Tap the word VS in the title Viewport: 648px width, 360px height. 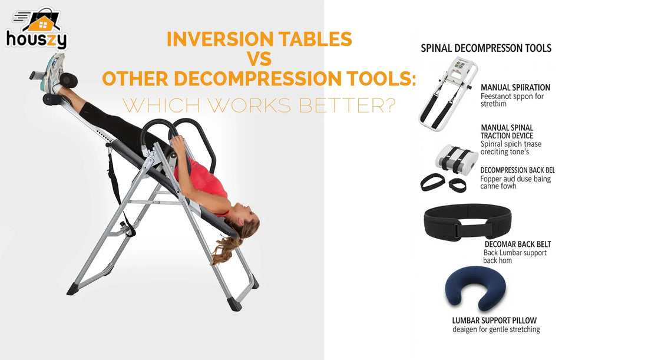click(259, 59)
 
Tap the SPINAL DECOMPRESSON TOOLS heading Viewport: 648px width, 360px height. click(486, 48)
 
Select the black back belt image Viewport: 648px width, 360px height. click(467, 220)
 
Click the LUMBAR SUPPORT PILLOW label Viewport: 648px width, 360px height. click(494, 321)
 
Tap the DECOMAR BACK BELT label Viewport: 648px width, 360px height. click(518, 244)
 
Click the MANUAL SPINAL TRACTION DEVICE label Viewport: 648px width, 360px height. click(507, 131)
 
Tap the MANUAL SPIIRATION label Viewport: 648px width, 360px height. click(515, 88)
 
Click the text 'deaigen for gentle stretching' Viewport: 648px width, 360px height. click(496, 329)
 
